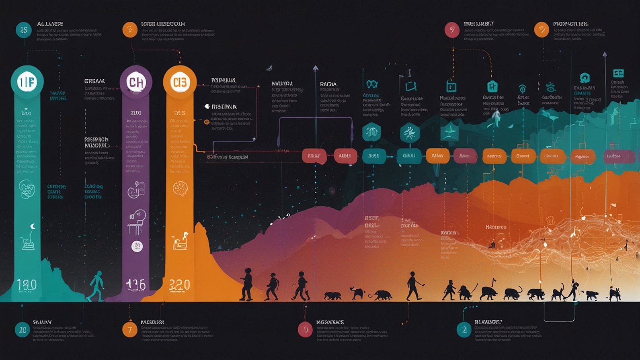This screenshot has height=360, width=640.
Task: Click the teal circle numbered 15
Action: coord(24,30)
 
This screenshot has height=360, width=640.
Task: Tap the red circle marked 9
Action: coord(452,30)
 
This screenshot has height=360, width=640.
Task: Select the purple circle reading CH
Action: coord(136,82)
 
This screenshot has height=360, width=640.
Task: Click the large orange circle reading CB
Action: coord(180,82)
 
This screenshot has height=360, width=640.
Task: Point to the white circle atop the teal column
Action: coord(27,82)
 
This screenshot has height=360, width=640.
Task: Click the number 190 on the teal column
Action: coord(27,285)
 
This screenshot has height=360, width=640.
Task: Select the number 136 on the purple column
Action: coord(135,285)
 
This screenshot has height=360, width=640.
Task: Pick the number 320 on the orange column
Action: coord(179,285)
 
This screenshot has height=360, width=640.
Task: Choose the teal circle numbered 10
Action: coord(23,329)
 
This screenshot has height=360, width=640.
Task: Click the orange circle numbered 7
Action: coord(130,330)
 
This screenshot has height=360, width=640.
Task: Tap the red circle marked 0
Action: coord(305,330)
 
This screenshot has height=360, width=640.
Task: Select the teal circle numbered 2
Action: coord(464,330)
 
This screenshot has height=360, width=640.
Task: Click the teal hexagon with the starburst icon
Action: coord(410,133)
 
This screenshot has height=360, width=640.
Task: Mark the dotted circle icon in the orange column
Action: coord(179,188)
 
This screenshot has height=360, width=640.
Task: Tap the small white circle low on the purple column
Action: coord(137,246)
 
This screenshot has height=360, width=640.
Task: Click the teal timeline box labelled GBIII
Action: coord(409,156)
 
